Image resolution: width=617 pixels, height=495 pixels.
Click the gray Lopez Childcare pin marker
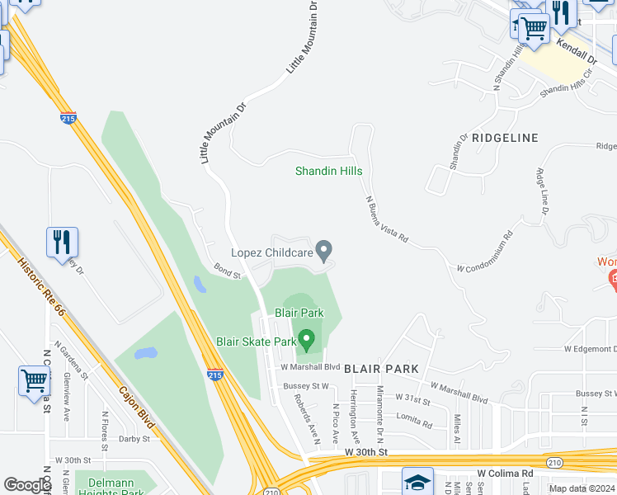(x=325, y=249)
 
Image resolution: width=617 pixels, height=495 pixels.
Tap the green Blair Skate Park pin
(x=307, y=339)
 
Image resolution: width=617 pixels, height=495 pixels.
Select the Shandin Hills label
(x=329, y=172)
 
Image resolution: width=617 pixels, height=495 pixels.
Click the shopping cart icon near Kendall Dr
(x=534, y=28)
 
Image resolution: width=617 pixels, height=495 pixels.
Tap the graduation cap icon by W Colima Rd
(x=417, y=482)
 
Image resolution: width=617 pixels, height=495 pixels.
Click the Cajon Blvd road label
(x=136, y=407)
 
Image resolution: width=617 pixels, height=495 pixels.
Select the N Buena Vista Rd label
(x=387, y=218)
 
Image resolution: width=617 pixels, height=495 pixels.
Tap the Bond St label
(x=226, y=270)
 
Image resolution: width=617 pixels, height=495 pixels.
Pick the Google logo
(x=27, y=485)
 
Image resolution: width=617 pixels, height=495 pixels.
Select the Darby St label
(x=134, y=440)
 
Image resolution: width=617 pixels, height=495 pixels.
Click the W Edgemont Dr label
(x=590, y=349)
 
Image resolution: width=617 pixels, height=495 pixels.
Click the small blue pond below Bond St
(x=200, y=285)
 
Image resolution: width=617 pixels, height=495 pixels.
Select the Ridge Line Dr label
(x=542, y=192)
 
